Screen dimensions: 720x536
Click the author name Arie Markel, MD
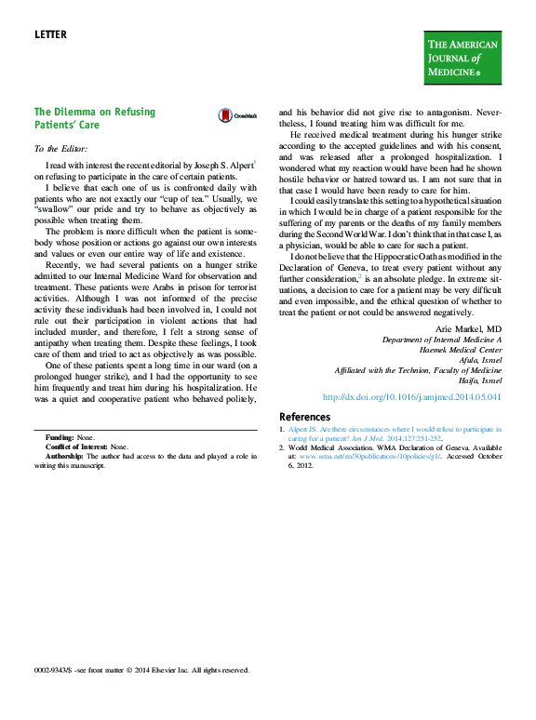click(468, 330)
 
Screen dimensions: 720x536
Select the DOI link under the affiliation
click(411, 396)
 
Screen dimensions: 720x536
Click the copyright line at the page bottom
click(141, 670)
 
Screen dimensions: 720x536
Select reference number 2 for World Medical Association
click(283, 447)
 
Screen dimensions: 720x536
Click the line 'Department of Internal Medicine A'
click(442, 340)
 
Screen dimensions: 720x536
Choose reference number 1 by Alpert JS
click(283, 430)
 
